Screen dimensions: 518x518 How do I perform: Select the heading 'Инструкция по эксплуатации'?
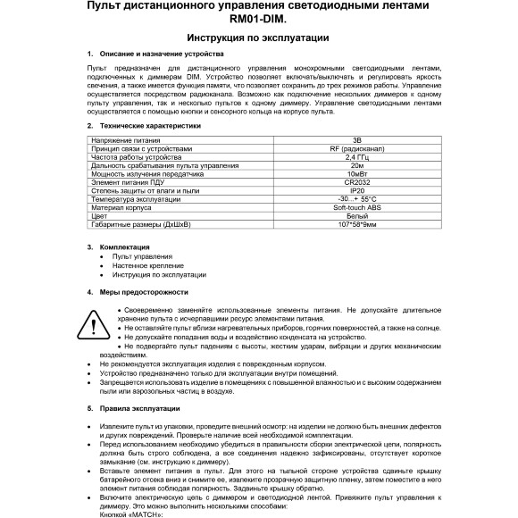click(x=259, y=38)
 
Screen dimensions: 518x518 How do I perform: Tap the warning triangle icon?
click(x=93, y=322)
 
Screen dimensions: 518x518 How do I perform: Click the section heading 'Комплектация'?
click(x=124, y=246)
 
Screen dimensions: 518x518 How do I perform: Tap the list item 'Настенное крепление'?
click(x=146, y=264)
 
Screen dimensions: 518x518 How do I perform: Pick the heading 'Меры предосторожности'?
click(x=144, y=292)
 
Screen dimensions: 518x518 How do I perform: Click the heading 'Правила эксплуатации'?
click(x=143, y=407)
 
